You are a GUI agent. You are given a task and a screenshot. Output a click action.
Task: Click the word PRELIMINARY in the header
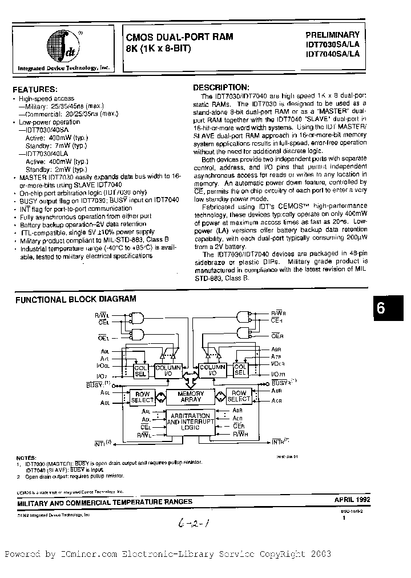(332, 35)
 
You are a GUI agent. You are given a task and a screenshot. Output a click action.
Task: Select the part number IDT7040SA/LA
(332, 54)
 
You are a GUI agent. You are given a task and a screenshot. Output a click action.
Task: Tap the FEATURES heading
(35, 90)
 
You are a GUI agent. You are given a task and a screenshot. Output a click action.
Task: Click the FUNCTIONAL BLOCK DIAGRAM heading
(75, 299)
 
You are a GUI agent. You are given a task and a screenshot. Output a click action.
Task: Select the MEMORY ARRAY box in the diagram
(191, 397)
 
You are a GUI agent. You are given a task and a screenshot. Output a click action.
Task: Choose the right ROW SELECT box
(239, 396)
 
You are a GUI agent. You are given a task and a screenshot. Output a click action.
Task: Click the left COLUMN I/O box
(168, 369)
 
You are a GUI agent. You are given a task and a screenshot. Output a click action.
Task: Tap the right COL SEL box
(240, 370)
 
